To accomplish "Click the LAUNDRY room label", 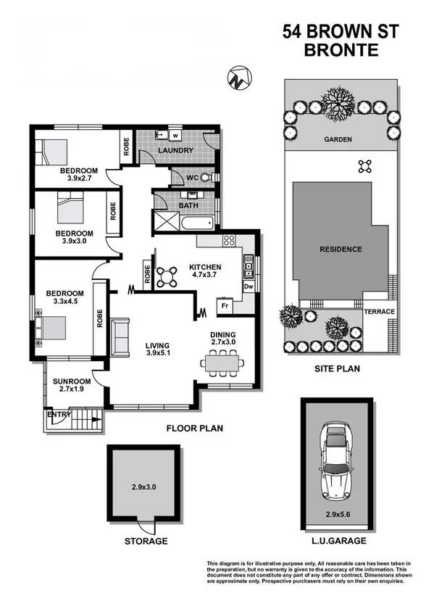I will point(176,151).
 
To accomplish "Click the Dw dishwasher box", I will point(248,286).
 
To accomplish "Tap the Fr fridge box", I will point(225,306).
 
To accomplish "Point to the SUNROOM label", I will point(72,381).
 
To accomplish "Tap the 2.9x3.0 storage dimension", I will point(143,486).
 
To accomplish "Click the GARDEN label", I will point(338,140).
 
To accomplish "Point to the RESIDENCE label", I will point(341,249).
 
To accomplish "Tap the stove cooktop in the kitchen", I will point(229,242).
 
